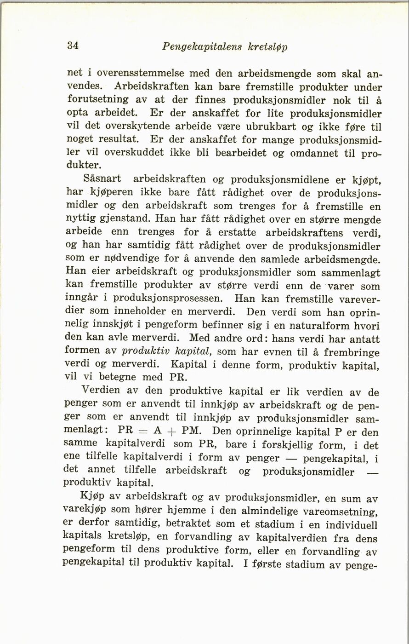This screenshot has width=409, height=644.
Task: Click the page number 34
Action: click(73, 46)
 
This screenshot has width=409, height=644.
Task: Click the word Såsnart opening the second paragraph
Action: click(104, 178)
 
